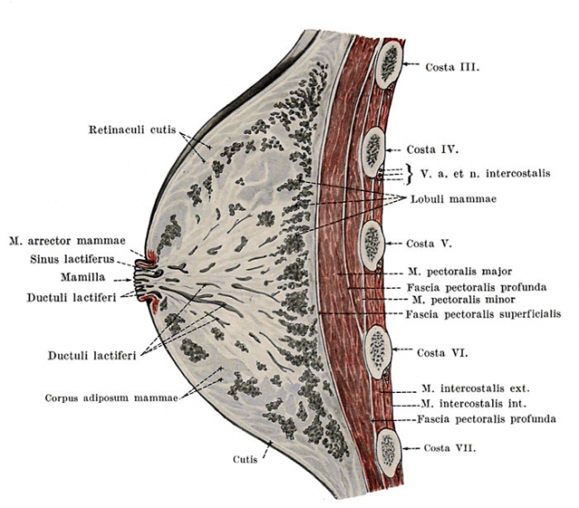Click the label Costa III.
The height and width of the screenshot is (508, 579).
452,67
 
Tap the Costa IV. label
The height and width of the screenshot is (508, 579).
432,149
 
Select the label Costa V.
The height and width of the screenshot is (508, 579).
429,244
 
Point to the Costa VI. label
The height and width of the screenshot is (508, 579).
442,353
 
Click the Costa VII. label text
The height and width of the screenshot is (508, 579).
450,448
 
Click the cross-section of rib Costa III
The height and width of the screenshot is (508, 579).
388,65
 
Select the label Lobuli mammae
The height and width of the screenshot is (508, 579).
454,199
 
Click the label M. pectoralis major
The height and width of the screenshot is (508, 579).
460,272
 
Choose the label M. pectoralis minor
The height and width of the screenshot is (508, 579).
460,299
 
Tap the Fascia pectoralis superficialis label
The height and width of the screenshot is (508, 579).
483,314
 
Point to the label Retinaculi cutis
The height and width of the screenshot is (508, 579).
132,129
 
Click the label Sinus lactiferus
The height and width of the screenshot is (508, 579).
72,259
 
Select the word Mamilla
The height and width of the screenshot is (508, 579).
83,277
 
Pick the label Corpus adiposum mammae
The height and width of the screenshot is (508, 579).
112,398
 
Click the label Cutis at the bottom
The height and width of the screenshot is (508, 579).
245,460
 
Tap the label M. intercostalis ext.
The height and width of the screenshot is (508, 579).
476,388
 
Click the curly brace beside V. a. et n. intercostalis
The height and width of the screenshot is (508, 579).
409,174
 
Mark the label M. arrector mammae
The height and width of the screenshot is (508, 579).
67,241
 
